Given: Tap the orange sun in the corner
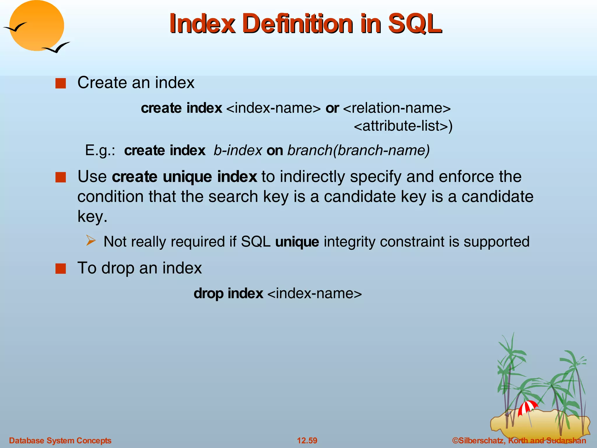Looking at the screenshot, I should click(36, 26).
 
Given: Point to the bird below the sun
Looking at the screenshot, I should click(57, 48).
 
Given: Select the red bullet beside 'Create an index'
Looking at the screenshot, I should click(61, 83).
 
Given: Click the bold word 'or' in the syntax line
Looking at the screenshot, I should click(332, 108).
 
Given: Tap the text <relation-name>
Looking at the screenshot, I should click(397, 108).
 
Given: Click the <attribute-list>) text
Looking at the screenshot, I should click(403, 126).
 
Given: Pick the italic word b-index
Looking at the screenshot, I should click(238, 150).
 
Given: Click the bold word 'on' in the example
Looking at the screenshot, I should click(275, 150).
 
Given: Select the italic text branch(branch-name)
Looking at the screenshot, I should click(359, 150).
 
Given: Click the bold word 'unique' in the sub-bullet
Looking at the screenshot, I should click(297, 242).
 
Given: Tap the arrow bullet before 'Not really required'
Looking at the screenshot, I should click(91, 241).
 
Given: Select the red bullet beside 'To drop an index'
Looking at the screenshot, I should click(61, 269).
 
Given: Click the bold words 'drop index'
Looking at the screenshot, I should click(228, 293).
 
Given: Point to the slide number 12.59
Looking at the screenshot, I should click(307, 440).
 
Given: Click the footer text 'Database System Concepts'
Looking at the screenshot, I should click(60, 440).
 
